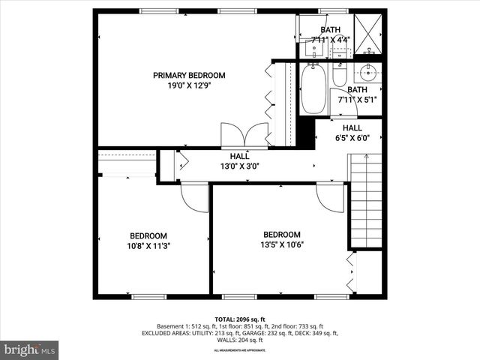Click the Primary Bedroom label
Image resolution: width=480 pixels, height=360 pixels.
189,75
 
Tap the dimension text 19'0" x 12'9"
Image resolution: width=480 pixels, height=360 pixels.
189,86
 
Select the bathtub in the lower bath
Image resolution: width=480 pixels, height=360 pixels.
313,88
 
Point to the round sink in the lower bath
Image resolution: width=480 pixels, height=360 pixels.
367,73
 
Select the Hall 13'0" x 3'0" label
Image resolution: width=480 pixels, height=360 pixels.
239,161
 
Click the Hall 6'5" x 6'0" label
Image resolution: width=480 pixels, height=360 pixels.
352,133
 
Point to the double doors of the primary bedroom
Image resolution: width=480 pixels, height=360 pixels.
245,135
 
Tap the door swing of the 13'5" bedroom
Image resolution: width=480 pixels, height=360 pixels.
329,197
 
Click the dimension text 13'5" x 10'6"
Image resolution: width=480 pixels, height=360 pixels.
281,244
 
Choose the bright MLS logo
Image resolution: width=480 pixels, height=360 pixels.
30,349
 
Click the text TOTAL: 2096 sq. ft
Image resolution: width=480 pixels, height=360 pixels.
239,319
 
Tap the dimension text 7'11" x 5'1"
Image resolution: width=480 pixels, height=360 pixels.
357,98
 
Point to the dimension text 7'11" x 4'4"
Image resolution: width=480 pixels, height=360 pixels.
331,40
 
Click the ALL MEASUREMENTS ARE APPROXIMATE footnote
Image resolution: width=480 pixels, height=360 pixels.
239,350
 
